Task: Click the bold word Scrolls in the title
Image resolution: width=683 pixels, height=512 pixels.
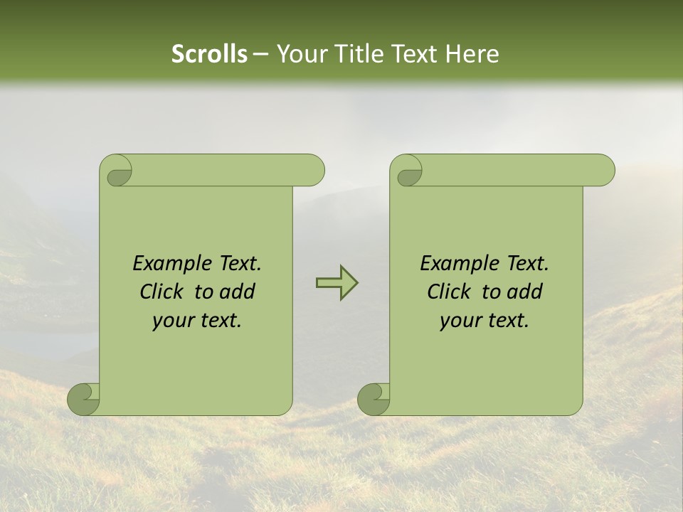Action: click(210, 54)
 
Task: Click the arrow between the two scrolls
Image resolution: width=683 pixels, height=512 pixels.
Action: click(337, 282)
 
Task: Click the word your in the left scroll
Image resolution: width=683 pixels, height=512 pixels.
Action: click(171, 321)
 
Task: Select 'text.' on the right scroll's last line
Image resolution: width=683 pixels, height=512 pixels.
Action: click(509, 321)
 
